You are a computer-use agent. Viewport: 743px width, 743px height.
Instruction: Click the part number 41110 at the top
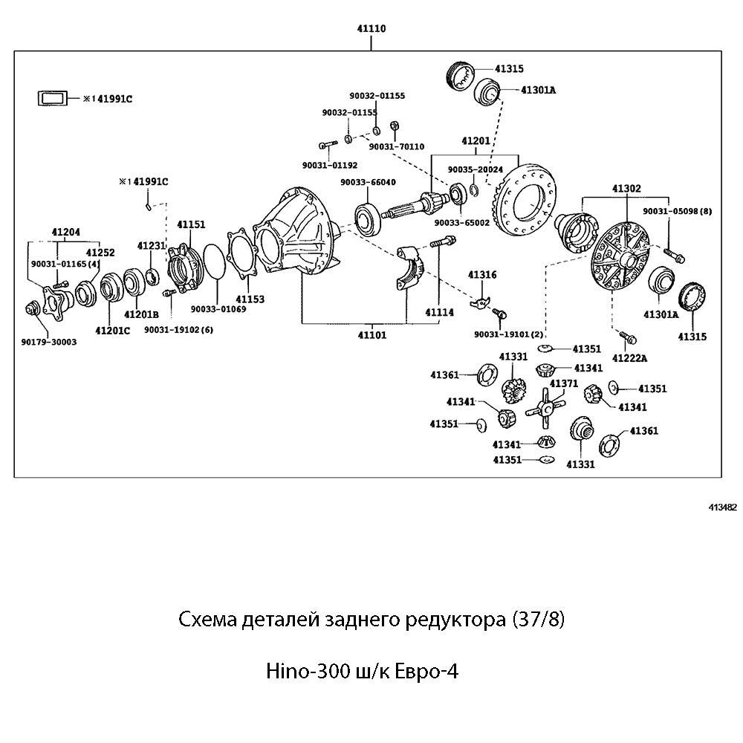pos(372,28)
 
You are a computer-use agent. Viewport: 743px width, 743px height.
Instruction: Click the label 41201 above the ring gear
pos(476,140)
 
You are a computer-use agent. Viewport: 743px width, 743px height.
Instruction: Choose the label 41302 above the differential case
pos(626,189)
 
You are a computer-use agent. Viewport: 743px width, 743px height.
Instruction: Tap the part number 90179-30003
pos(49,342)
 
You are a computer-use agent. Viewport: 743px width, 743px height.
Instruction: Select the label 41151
pos(191,224)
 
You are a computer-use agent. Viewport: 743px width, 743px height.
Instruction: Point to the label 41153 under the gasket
pos(250,299)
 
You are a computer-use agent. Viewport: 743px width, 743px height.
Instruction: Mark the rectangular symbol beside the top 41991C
pos(53,97)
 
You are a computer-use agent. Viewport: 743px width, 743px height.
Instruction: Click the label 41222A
pos(629,358)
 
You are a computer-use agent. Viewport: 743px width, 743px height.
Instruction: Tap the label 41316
pos(482,275)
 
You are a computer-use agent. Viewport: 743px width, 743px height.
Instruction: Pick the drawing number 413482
pos(722,507)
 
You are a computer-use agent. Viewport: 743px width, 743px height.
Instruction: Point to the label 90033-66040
pos(368,182)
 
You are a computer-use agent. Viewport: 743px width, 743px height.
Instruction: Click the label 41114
pos(439,313)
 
